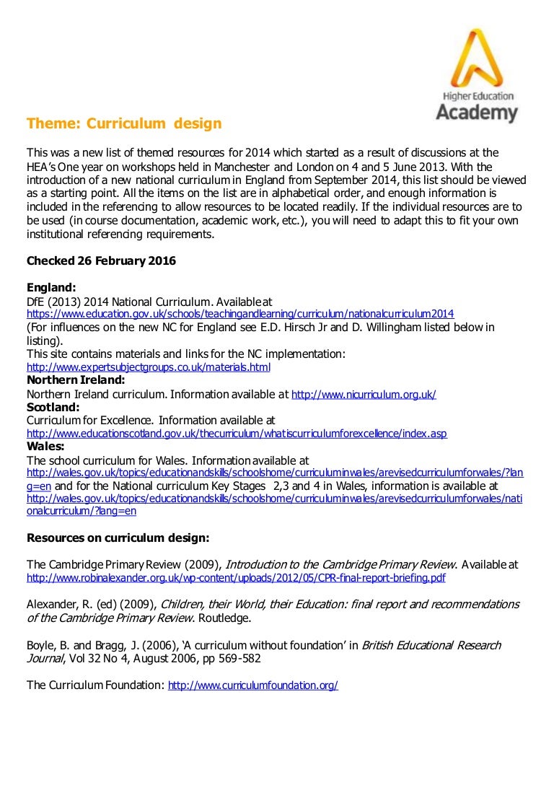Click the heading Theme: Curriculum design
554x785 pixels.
click(124, 123)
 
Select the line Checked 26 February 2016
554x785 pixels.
click(101, 260)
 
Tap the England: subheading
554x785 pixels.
click(51, 287)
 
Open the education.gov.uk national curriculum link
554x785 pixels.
click(240, 314)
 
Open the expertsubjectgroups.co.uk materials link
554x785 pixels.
click(148, 367)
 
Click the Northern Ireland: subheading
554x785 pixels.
click(76, 380)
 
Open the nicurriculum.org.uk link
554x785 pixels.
click(364, 394)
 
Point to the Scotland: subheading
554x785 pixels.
click(53, 407)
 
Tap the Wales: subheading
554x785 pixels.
click(46, 447)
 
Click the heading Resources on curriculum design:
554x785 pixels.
click(118, 538)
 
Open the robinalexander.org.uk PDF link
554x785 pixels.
click(236, 578)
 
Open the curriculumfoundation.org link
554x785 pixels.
click(252, 685)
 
